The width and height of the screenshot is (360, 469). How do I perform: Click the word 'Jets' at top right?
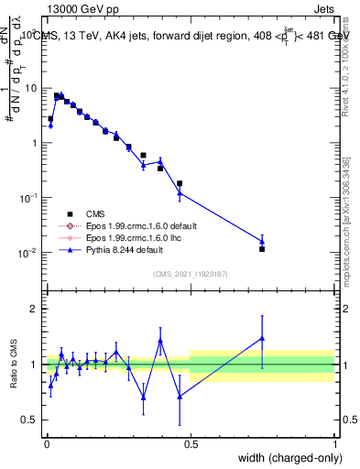tap(322, 10)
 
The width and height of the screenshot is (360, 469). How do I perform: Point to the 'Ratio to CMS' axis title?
tap(14, 365)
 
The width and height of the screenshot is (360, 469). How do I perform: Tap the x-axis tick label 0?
tap(46, 442)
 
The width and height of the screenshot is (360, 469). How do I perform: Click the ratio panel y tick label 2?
tap(32, 309)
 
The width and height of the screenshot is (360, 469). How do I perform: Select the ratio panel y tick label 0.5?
tap(28, 420)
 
